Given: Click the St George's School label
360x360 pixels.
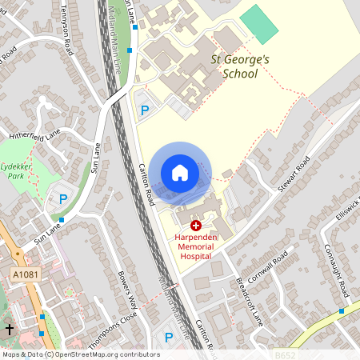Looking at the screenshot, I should coord(234,66).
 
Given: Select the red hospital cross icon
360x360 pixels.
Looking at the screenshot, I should coord(196,226).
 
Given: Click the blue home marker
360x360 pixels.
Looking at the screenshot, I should coord(180,172).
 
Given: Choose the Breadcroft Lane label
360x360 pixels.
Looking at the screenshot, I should coord(250,301).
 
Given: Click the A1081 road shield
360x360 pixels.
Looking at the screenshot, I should coord(23,275).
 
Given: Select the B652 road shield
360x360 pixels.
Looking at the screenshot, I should coord(285,354).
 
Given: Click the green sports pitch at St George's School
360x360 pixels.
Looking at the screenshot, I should coord(260,24).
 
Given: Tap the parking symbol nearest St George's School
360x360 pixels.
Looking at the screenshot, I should coord(145,110).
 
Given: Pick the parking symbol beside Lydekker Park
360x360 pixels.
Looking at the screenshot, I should coord(62,200).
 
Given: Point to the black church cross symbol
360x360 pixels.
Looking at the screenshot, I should coord(10,329).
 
